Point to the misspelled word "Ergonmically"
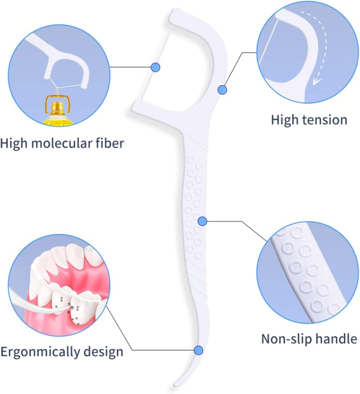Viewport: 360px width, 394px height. tap(42, 351)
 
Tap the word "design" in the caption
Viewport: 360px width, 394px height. tap(105, 351)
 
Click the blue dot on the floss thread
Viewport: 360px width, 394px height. tap(155, 67)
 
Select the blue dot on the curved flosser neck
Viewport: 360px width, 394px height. tap(222, 90)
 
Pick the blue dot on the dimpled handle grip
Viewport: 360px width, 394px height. tap(202, 221)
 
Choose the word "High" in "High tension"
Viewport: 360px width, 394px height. tap(285, 120)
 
